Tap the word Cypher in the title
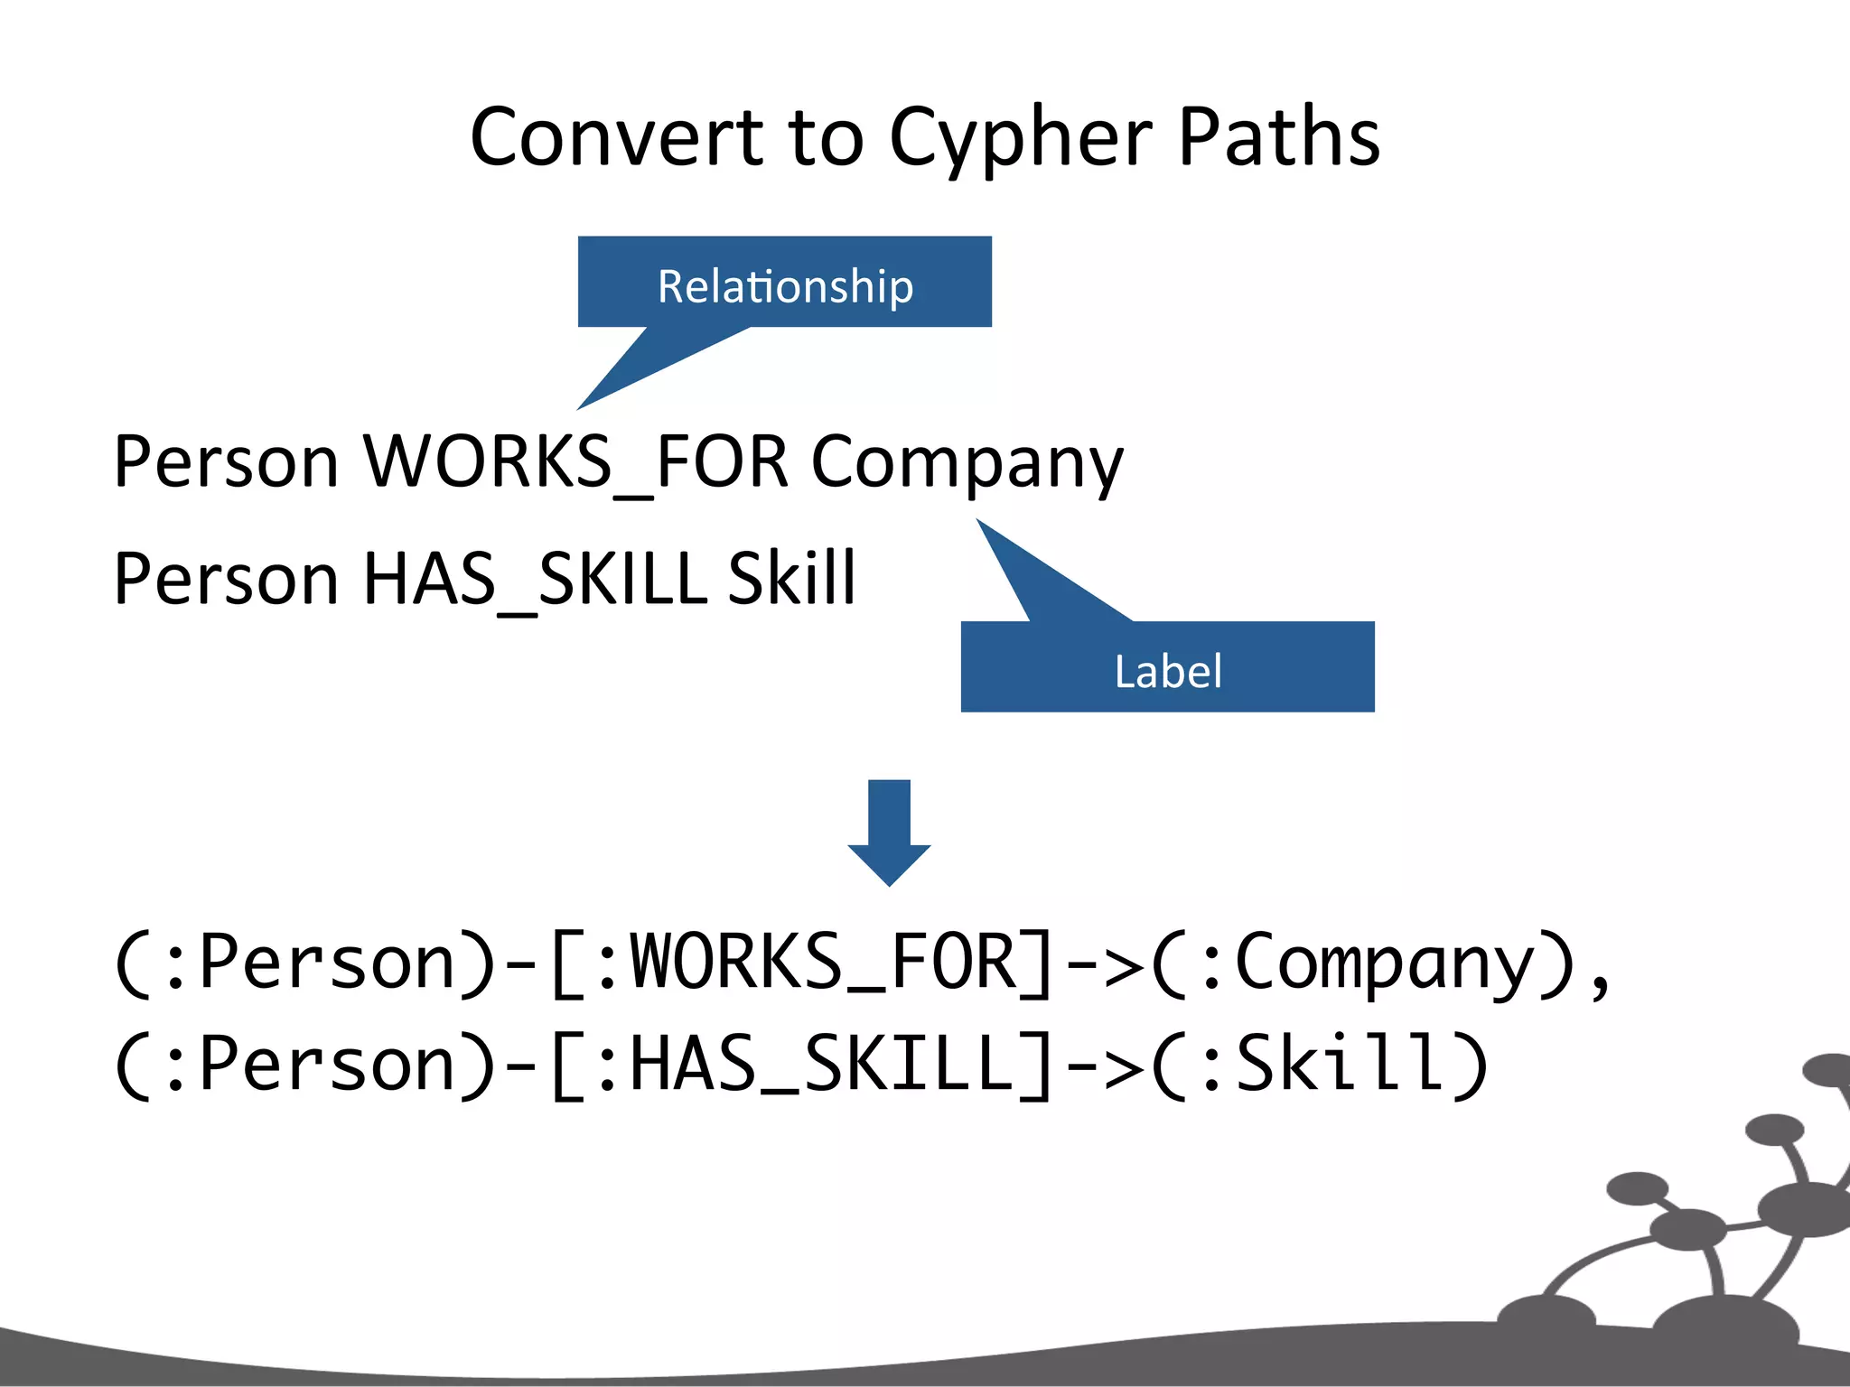point(1021,137)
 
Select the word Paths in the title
point(1279,137)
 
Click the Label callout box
point(1167,668)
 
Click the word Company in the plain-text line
point(967,461)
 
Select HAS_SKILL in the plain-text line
point(533,578)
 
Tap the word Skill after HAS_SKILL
point(791,578)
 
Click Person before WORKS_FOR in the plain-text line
point(226,461)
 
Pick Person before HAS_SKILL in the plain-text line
point(226,578)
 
